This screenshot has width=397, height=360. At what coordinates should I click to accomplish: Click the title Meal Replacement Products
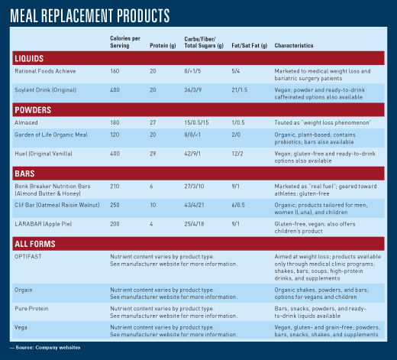(90, 15)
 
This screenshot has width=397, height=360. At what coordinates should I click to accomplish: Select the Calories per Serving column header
(125, 42)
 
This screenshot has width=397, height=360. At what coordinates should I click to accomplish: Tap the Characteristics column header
(294, 46)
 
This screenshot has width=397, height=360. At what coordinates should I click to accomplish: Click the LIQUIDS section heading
(29, 59)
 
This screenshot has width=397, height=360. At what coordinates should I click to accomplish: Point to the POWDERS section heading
(33, 110)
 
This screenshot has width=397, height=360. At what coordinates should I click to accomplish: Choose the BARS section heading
(24, 174)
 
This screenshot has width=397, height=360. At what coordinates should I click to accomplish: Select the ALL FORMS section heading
(35, 244)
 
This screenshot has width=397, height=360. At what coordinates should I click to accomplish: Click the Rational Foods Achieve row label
(45, 71)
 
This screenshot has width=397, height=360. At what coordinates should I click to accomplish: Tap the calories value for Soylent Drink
(115, 90)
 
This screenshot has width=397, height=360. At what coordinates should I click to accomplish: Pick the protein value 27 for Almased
(153, 122)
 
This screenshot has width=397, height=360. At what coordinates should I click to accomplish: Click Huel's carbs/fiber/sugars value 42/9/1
(192, 154)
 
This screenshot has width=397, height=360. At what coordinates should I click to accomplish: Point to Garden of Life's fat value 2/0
(236, 135)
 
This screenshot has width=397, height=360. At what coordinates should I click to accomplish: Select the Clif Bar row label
(57, 205)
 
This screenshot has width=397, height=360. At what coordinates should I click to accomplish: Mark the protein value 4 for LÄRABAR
(151, 224)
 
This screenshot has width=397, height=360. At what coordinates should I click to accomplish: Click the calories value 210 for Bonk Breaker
(115, 186)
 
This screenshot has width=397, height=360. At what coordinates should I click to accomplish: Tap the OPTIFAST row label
(28, 257)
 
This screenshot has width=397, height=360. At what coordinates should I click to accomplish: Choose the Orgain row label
(24, 290)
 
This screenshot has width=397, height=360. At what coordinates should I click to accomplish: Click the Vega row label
(21, 327)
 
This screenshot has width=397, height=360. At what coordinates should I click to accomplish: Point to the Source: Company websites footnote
(45, 348)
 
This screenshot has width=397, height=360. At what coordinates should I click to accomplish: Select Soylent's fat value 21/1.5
(240, 90)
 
